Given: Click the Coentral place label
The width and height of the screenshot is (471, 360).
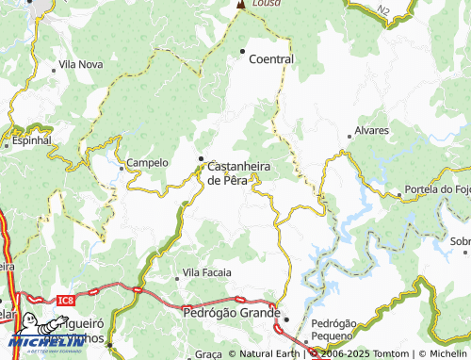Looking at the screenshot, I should (271, 58).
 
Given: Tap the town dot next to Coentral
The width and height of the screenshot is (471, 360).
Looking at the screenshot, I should (242, 50).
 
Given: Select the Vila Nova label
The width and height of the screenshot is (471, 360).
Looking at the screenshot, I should (80, 64).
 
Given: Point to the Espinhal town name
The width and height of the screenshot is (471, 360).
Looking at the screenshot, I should (31, 140).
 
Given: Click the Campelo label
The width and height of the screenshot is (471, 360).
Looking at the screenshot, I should (147, 162).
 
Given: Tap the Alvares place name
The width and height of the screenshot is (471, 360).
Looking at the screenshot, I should (370, 131).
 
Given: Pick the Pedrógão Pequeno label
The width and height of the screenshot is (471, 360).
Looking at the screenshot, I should (333, 329).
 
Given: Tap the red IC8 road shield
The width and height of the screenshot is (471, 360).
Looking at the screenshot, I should (64, 301).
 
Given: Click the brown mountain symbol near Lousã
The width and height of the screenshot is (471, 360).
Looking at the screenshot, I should (240, 5).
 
